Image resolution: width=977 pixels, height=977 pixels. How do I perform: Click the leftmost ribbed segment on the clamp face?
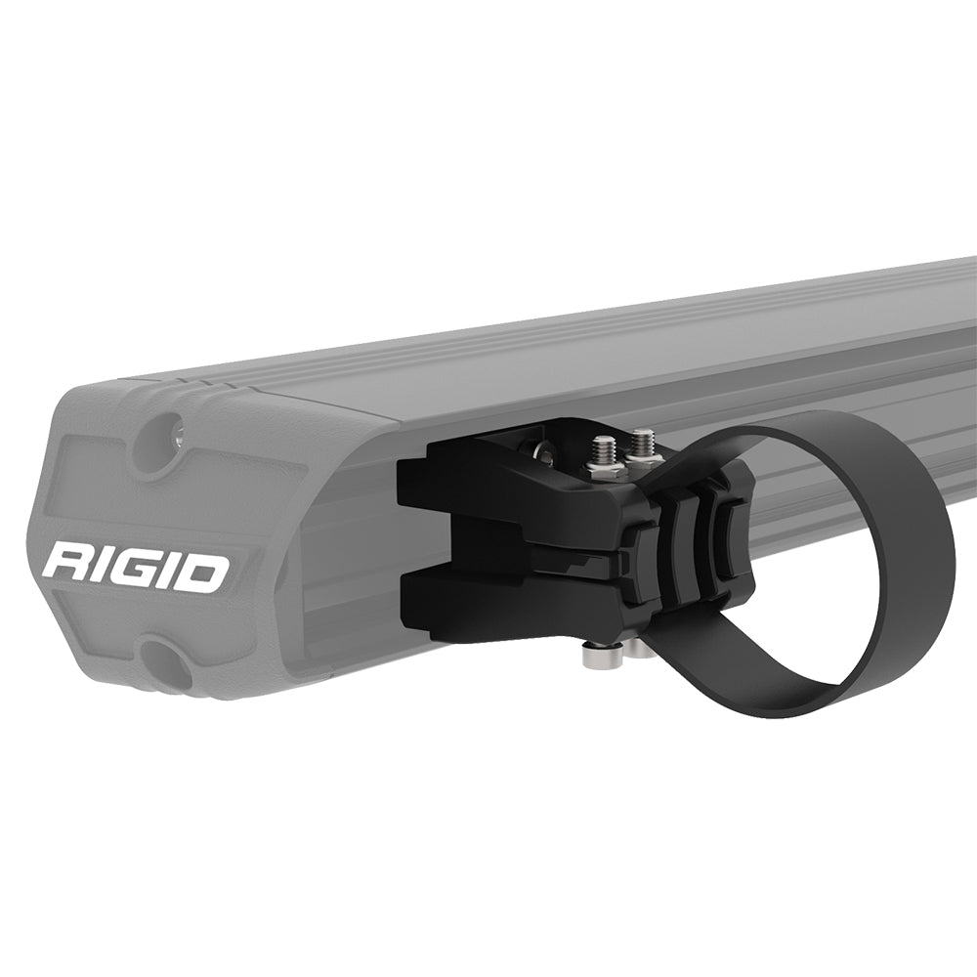click(640, 557)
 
